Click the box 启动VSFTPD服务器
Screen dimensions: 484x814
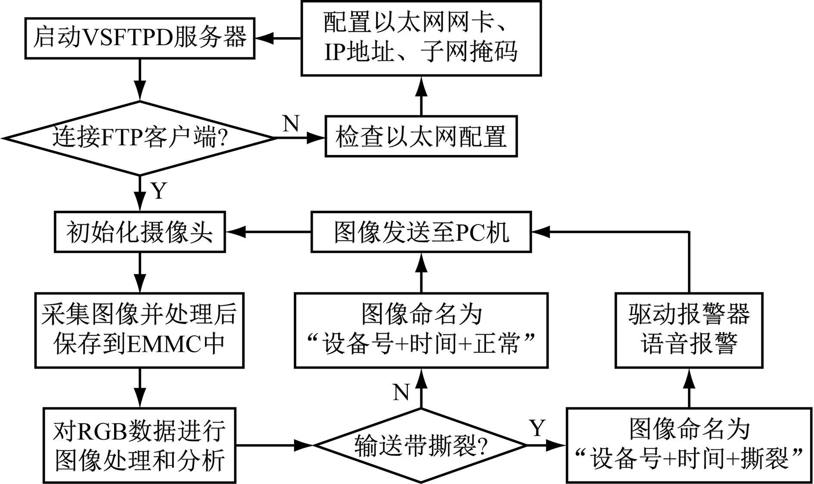point(140,38)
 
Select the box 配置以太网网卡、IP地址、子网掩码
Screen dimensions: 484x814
point(421,38)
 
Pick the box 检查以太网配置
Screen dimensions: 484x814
point(421,136)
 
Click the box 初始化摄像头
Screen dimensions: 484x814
point(140,232)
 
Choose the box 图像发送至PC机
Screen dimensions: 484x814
point(421,232)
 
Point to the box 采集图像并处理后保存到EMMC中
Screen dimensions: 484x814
point(140,330)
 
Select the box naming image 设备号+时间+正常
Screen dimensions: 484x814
point(421,330)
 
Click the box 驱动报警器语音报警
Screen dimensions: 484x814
point(689,330)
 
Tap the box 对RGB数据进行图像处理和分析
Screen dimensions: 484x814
point(140,445)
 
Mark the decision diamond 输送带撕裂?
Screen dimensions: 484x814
point(421,445)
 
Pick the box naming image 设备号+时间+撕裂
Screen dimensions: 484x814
point(689,445)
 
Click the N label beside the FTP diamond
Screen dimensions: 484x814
point(291,124)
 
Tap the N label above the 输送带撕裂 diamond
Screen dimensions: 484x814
point(401,392)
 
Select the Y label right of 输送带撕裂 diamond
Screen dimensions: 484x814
point(537,428)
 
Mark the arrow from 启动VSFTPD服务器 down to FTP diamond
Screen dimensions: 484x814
point(140,80)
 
